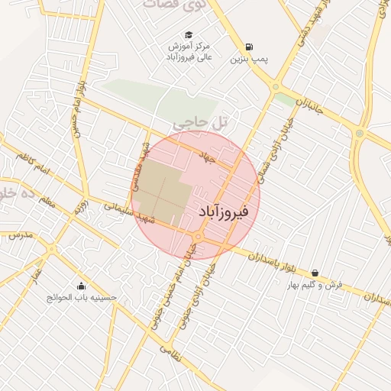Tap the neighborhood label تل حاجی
point(201,121)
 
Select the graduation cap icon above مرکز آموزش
point(189,34)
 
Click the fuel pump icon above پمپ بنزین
point(250,44)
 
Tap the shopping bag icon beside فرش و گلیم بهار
point(315,273)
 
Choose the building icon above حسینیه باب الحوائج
point(81,286)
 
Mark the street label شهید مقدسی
point(140,165)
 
